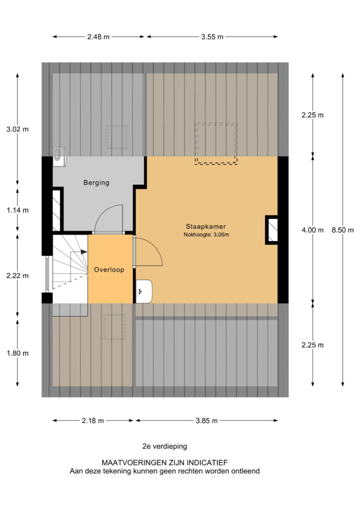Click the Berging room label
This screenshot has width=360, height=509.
pyautogui.click(x=96, y=182)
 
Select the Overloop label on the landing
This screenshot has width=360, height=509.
pyautogui.click(x=108, y=270)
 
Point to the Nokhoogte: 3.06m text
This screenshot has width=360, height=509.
pyautogui.click(x=206, y=235)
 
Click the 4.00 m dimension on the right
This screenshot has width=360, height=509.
pyautogui.click(x=313, y=230)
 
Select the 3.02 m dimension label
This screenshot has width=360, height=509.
pyautogui.click(x=18, y=129)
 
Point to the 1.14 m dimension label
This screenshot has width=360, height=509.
pyautogui.click(x=18, y=210)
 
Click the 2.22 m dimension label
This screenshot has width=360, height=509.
pyautogui.click(x=18, y=275)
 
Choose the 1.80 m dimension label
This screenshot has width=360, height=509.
pyautogui.click(x=18, y=353)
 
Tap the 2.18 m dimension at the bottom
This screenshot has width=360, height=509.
pyautogui.click(x=92, y=421)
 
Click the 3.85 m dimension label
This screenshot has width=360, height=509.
pyautogui.click(x=207, y=421)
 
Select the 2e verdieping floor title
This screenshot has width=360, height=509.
pyautogui.click(x=164, y=446)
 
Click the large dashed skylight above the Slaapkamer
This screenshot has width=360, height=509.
pyautogui.click(x=216, y=143)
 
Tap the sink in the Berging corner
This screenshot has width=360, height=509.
pyautogui.click(x=59, y=154)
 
